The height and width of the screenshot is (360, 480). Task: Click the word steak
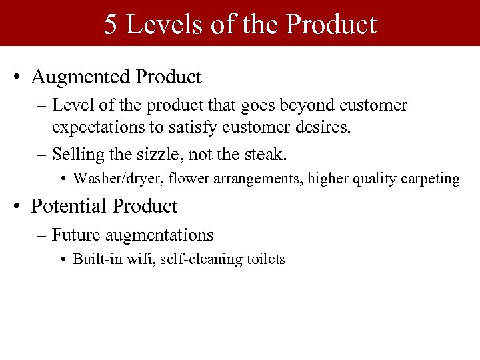coord(266,155)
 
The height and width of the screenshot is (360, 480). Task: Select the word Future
coord(74,235)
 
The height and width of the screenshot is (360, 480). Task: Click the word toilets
coord(264,259)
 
